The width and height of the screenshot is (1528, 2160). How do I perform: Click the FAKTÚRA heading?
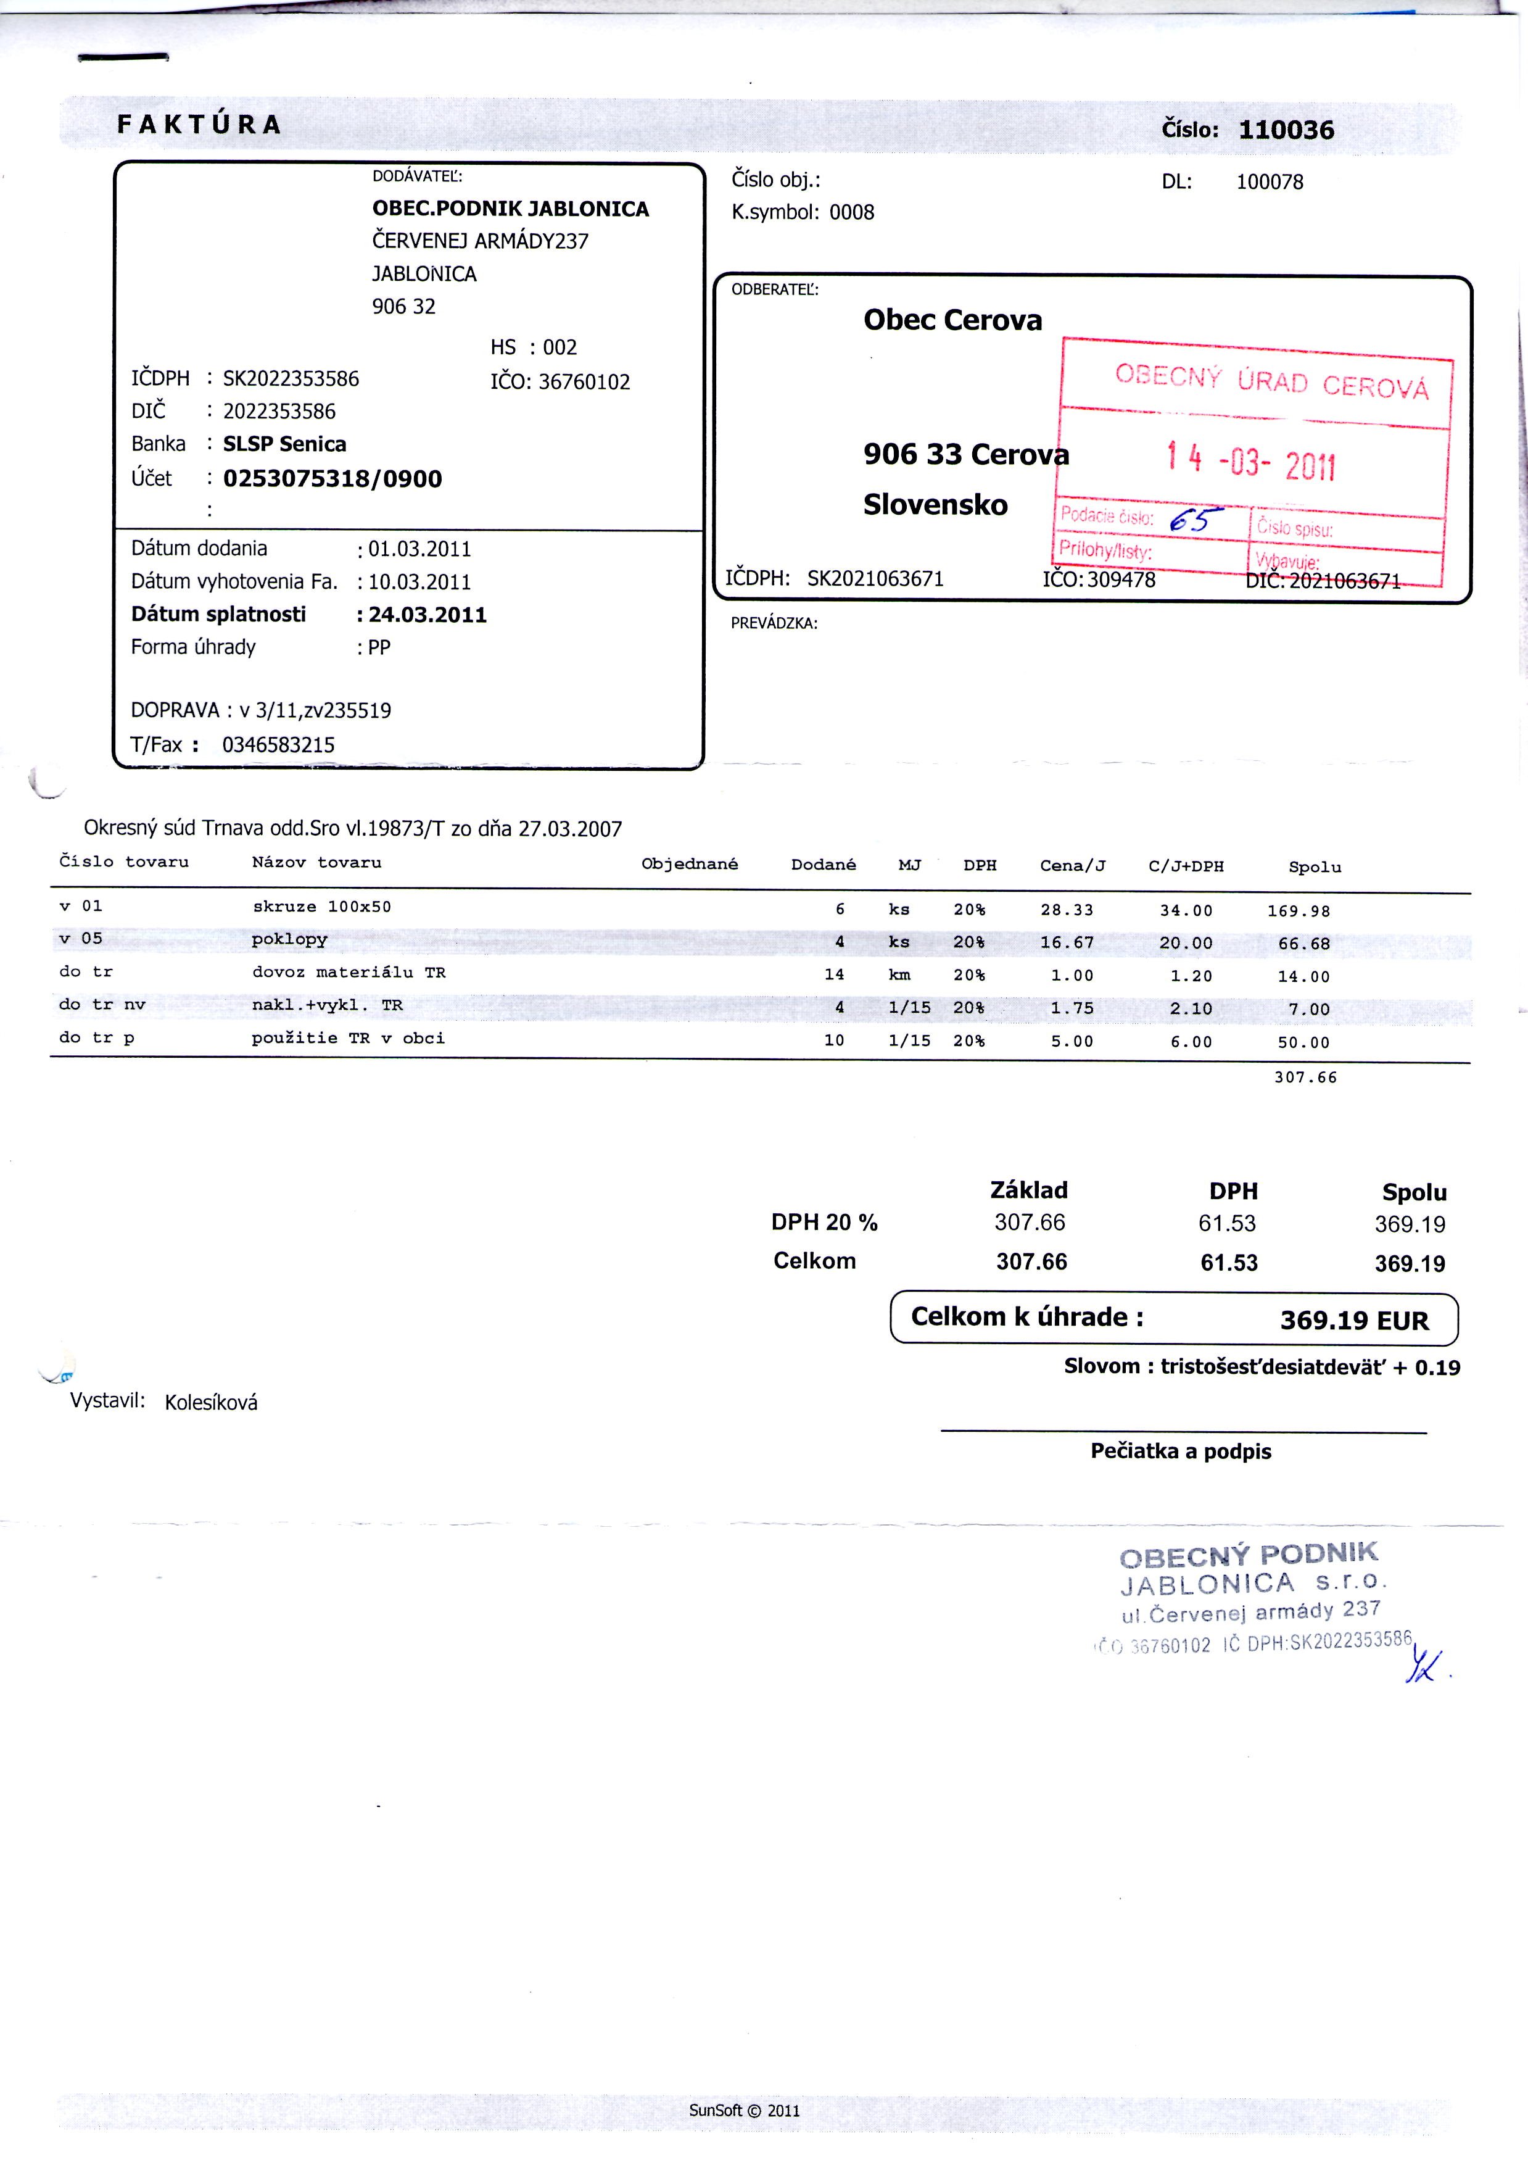click(199, 124)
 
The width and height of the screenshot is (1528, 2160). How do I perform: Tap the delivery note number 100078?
click(1270, 183)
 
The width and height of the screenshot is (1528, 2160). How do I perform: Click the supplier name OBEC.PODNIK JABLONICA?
click(510, 209)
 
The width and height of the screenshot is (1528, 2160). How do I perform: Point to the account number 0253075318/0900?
click(332, 479)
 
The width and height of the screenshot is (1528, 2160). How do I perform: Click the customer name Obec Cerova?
click(952, 321)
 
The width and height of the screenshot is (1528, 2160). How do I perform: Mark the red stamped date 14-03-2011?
click(1250, 461)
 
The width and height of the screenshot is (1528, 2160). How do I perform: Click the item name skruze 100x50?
click(321, 907)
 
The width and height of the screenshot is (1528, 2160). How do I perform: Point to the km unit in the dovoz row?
click(899, 975)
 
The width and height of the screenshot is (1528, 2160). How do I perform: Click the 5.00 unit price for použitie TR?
click(1072, 1042)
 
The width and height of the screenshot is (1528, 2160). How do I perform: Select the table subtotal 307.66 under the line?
click(1305, 1078)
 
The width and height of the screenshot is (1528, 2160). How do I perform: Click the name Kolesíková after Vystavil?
click(211, 1402)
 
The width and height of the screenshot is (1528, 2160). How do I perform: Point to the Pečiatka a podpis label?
click(1180, 1452)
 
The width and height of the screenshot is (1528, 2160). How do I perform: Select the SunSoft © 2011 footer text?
click(743, 2110)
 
